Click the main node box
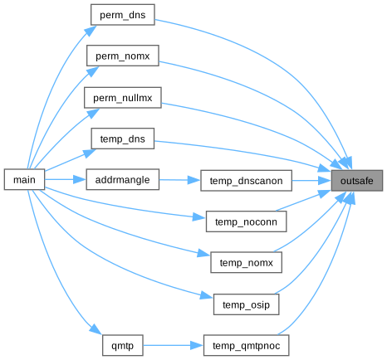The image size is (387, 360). click(x=24, y=180)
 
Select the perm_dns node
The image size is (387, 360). click(x=123, y=15)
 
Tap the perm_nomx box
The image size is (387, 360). click(x=123, y=56)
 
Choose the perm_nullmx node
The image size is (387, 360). click(x=123, y=98)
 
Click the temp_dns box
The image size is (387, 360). click(x=123, y=139)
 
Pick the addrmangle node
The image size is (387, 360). click(x=123, y=180)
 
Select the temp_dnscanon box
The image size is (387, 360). click(x=246, y=181)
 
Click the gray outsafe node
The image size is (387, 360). click(x=357, y=181)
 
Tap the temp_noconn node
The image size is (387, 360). click(x=246, y=221)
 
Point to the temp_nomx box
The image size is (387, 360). click(x=246, y=262)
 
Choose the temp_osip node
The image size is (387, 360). click(x=246, y=304)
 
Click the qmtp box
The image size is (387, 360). click(x=123, y=345)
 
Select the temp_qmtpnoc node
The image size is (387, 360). click(x=246, y=345)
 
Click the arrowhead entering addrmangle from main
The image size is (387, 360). click(x=80, y=180)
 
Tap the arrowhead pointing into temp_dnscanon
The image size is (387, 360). click(x=193, y=180)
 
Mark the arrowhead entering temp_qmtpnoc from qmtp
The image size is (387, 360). click(x=197, y=345)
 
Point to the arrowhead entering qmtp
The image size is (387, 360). click(x=96, y=329)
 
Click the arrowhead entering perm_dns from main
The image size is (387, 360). click(x=91, y=31)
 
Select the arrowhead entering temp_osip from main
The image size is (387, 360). click(x=207, y=295)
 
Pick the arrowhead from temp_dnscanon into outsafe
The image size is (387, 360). click(x=325, y=181)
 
